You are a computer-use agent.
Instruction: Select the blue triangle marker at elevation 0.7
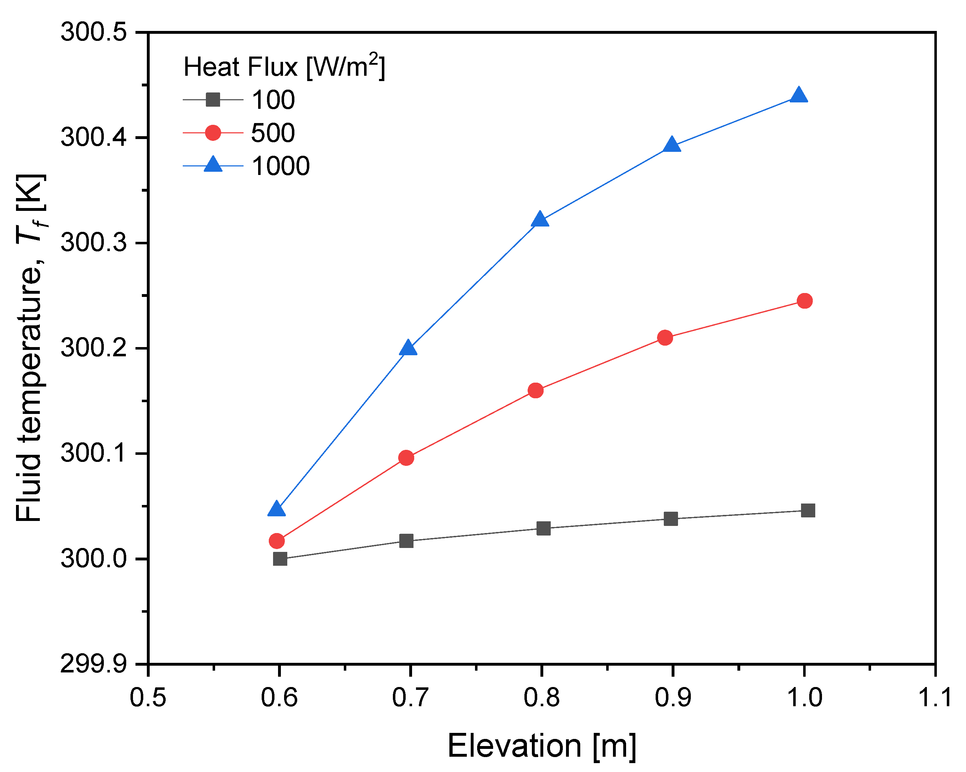pos(408,348)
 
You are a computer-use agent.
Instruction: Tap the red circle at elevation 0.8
pos(535,390)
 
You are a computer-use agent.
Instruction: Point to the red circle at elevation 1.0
pos(805,300)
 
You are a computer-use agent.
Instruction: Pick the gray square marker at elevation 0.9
pos(671,519)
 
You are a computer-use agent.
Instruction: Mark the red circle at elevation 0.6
pos(277,541)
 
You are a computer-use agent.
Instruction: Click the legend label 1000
pos(281,166)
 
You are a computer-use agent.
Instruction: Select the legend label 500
pos(273,133)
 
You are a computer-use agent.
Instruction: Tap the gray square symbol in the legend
pos(213,100)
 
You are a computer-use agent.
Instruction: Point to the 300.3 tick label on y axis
pos(94,243)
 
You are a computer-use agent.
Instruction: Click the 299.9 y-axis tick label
pos(94,664)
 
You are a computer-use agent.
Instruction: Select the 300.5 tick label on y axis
pos(94,32)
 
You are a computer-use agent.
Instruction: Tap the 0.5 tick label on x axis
pos(148,698)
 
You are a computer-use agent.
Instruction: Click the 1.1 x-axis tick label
pos(935,698)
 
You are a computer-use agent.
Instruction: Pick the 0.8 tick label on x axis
pos(541,698)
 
